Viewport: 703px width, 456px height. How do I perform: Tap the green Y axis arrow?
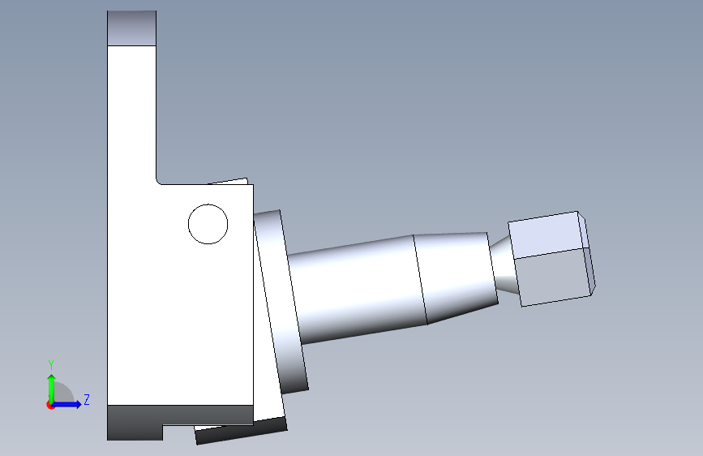[52, 389]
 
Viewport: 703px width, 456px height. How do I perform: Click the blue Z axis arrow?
[66, 404]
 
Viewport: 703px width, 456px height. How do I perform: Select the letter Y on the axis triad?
[51, 365]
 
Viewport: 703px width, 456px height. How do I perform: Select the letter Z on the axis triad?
[87, 399]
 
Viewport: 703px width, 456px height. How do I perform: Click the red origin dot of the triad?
[50, 405]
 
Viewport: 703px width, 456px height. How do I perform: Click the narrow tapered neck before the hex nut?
[504, 265]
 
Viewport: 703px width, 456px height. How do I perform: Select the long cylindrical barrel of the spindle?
[358, 290]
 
